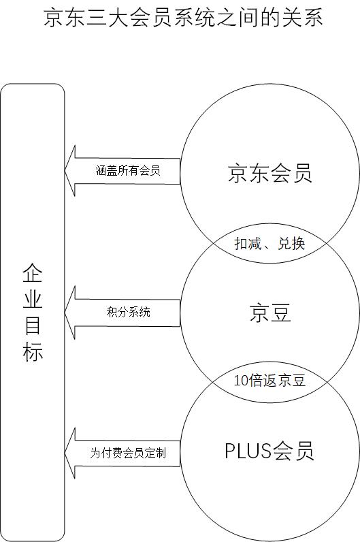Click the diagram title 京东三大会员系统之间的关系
click(x=184, y=18)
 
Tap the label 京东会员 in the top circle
click(x=269, y=173)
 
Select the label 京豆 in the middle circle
click(x=269, y=313)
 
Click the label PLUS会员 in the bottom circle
click(x=269, y=450)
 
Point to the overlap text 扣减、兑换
click(x=269, y=244)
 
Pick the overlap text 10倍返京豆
click(x=269, y=381)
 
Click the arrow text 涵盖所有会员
click(x=128, y=170)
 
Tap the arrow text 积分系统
click(x=128, y=312)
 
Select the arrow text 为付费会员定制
click(x=128, y=453)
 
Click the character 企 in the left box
click(x=33, y=273)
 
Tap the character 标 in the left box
click(x=33, y=351)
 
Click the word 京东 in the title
click(x=64, y=18)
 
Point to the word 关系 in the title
click(x=303, y=18)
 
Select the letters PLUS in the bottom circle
click(x=248, y=450)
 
